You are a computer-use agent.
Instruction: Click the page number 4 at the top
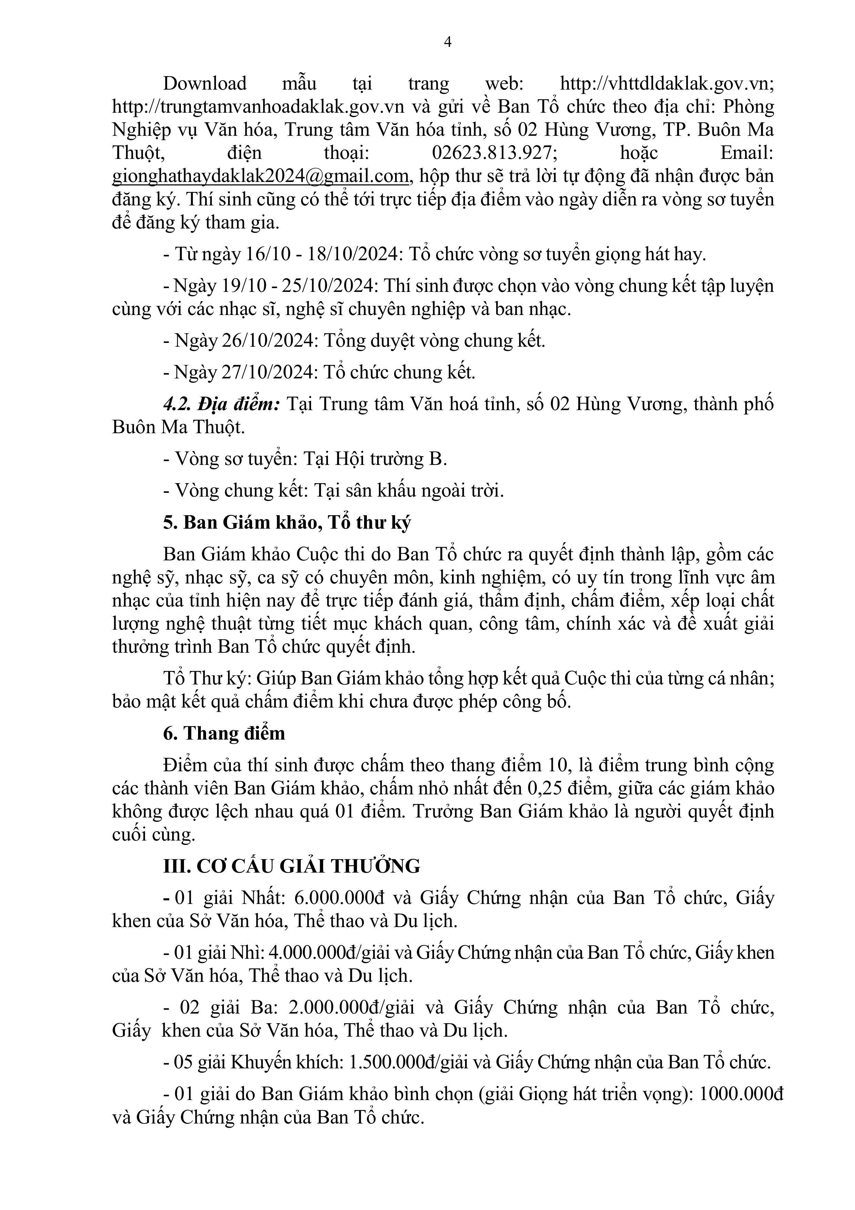coord(448,42)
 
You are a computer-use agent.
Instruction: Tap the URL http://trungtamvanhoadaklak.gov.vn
coord(258,107)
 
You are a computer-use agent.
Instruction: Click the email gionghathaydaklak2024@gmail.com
coord(260,176)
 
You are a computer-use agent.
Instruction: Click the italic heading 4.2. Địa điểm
coord(221,405)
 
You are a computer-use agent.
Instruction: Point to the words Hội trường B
coord(390,459)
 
